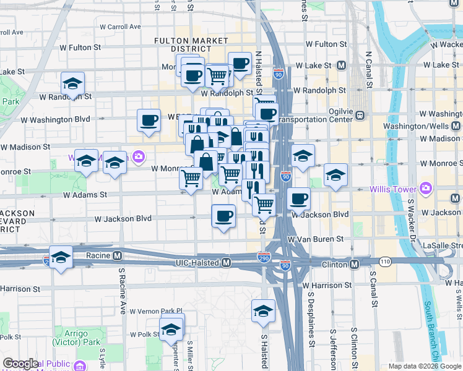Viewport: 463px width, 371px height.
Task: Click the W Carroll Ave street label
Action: coord(116,27)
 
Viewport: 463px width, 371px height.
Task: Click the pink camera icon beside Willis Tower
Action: coord(426,187)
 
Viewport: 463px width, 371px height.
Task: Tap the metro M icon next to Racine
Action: coord(118,255)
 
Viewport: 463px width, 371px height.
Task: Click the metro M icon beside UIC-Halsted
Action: coord(227,263)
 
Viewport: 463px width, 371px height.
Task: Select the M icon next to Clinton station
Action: coord(354,264)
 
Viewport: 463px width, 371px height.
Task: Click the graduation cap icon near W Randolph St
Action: coord(72,83)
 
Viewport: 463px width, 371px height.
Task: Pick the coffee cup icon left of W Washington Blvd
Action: coord(149,120)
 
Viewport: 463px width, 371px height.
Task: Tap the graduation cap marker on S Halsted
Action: coord(263,311)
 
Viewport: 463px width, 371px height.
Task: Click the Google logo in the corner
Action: coord(20,364)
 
